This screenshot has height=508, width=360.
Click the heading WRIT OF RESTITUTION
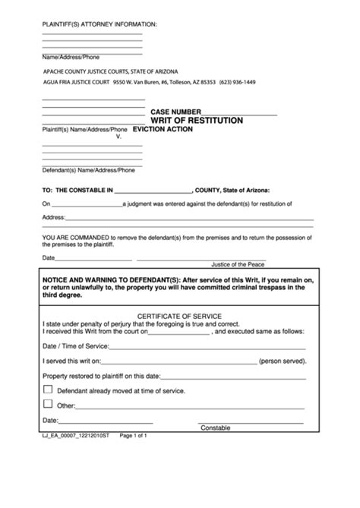point(197,120)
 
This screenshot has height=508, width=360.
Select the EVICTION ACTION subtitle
point(163,130)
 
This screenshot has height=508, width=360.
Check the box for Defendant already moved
point(49,389)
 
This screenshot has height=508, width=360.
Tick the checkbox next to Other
point(49,404)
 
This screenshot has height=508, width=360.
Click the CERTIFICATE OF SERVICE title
point(178,314)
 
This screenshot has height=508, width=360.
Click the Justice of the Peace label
point(238,264)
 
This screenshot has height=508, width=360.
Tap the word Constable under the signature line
point(215,428)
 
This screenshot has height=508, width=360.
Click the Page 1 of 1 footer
point(129,436)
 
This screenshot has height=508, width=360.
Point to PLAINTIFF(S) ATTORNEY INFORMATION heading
point(99,24)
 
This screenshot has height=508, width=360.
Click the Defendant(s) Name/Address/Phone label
point(82,171)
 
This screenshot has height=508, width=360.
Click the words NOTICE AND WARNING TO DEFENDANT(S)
point(107,280)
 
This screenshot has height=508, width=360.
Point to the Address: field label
point(53,216)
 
